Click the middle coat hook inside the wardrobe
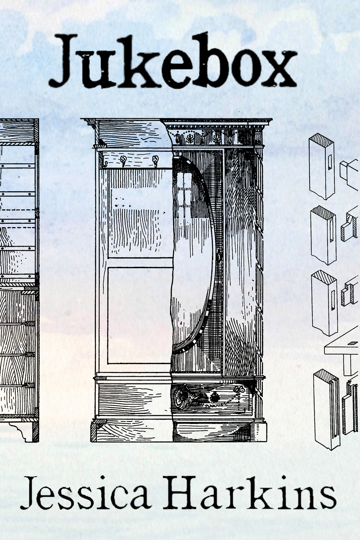122,160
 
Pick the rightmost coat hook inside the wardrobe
155,160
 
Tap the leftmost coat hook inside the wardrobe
103,160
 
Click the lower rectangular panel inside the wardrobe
139,315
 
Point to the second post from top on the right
323,234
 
